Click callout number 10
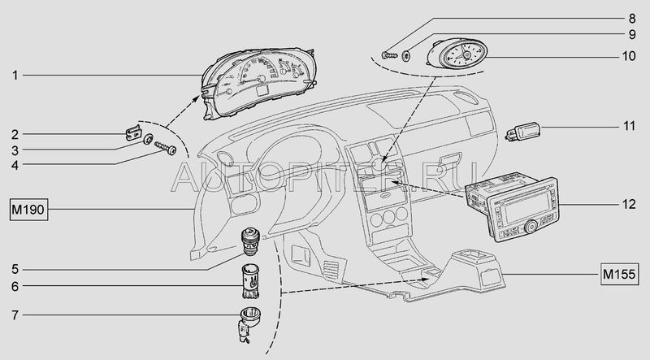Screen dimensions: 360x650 (x=628, y=56)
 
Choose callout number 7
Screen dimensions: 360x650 (x=15, y=314)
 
